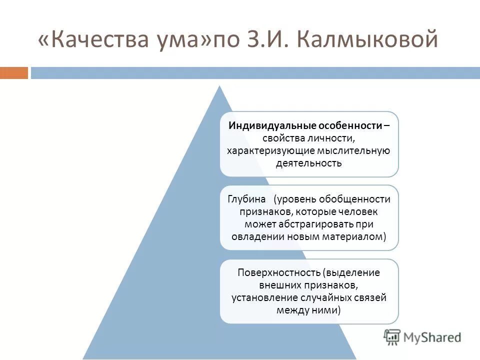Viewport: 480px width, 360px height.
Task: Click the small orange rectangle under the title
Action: (13, 73)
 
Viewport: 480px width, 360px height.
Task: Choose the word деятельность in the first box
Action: (309, 163)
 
